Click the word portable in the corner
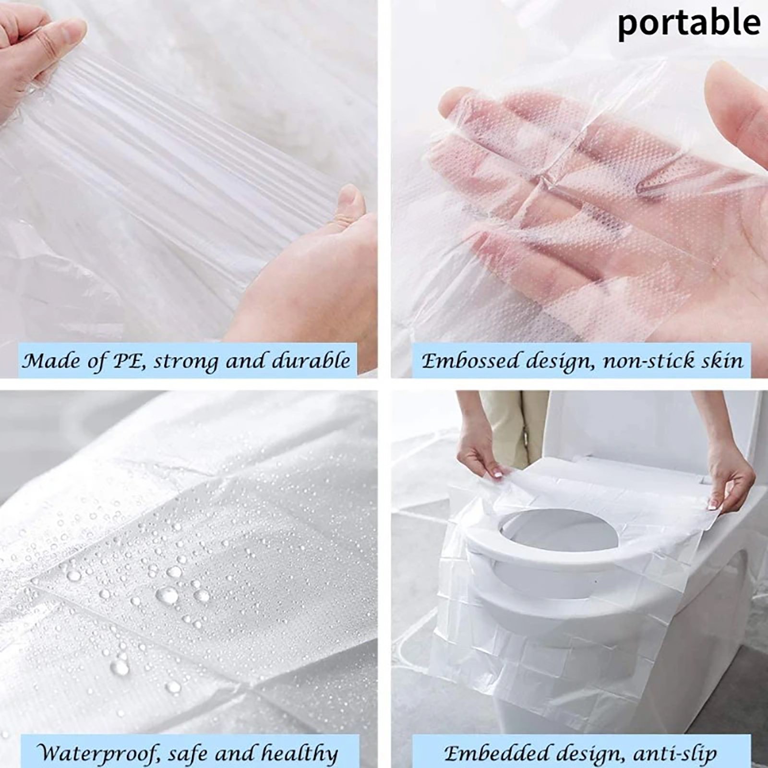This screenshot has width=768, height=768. pos(689,24)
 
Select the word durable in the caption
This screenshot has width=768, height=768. pos(312,360)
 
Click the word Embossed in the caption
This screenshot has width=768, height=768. pos(470,360)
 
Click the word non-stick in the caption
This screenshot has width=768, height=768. pos(646,360)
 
